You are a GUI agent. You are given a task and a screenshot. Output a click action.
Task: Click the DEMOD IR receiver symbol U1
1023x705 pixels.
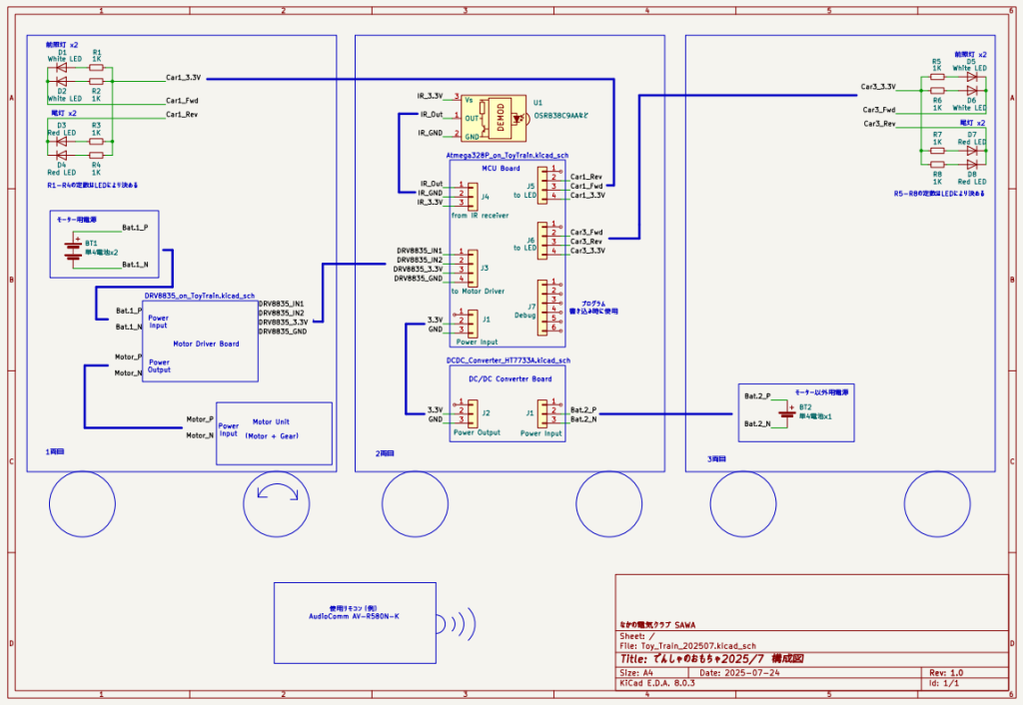pyautogui.click(x=500, y=115)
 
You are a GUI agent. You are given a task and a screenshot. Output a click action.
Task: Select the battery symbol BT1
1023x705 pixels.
pyautogui.click(x=73, y=247)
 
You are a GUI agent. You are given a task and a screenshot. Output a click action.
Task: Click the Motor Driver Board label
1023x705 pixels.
pyautogui.click(x=206, y=343)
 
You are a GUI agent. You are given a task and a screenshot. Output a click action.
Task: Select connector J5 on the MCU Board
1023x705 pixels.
pyautogui.click(x=548, y=186)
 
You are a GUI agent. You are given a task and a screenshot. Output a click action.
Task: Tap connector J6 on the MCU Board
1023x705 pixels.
pyautogui.click(x=548, y=241)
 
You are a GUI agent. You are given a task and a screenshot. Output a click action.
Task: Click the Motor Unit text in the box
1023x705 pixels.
pyautogui.click(x=271, y=421)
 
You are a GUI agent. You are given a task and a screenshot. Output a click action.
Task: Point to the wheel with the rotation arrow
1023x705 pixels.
pyautogui.click(x=277, y=502)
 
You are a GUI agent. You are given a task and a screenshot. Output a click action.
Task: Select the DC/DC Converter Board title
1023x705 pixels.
pyautogui.click(x=510, y=378)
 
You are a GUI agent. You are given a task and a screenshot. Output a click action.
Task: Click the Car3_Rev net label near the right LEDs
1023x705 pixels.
pyautogui.click(x=878, y=124)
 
